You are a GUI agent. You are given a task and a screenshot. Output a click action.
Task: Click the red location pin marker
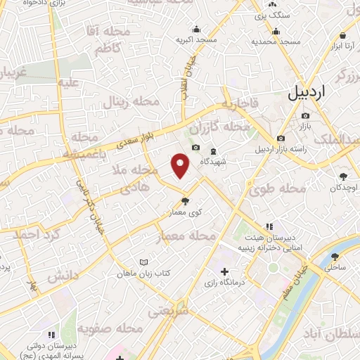(181, 165)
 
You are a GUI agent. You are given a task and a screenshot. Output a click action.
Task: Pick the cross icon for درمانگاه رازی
(224, 271)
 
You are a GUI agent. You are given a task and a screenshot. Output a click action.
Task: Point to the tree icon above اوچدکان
(343, 177)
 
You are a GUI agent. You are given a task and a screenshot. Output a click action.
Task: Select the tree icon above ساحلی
(335, 257)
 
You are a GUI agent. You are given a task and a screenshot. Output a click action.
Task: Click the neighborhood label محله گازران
(226, 127)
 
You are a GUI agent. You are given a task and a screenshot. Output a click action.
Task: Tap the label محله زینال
(132, 103)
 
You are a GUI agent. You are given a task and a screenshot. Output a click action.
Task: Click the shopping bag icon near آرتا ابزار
(342, 35)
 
